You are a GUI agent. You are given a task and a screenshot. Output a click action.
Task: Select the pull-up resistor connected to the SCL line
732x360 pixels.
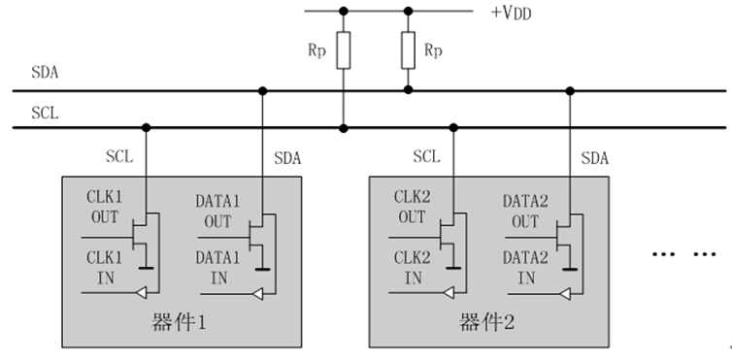pyautogui.click(x=342, y=53)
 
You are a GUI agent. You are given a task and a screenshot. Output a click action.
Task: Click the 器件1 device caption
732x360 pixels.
pyautogui.click(x=175, y=321)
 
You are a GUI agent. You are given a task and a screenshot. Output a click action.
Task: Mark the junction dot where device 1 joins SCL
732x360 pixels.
pyautogui.click(x=146, y=127)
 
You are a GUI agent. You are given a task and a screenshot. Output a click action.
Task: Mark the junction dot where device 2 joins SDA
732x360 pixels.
pyautogui.click(x=571, y=91)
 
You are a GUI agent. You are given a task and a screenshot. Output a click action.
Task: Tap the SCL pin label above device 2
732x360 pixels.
pyautogui.click(x=426, y=155)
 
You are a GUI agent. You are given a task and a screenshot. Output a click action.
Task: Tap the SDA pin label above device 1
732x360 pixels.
pyautogui.click(x=288, y=157)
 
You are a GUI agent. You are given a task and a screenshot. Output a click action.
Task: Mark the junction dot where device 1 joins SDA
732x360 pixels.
pyautogui.click(x=262, y=91)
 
